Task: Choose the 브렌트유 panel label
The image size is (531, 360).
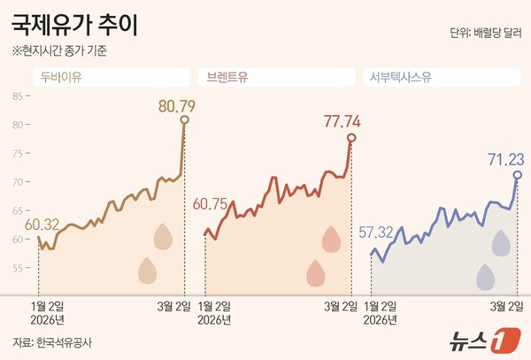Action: [226, 77]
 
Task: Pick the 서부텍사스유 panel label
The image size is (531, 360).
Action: [400, 77]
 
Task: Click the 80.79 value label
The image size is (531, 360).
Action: [176, 106]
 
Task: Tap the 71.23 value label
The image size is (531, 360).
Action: [505, 158]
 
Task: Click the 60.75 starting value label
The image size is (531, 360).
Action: [211, 203]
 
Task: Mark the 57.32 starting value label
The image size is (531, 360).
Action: [377, 233]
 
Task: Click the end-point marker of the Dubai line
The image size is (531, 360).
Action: [184, 119]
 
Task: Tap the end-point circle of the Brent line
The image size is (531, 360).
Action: [351, 137]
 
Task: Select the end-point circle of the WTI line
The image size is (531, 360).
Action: [518, 175]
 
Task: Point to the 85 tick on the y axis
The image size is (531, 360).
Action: [18, 96]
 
